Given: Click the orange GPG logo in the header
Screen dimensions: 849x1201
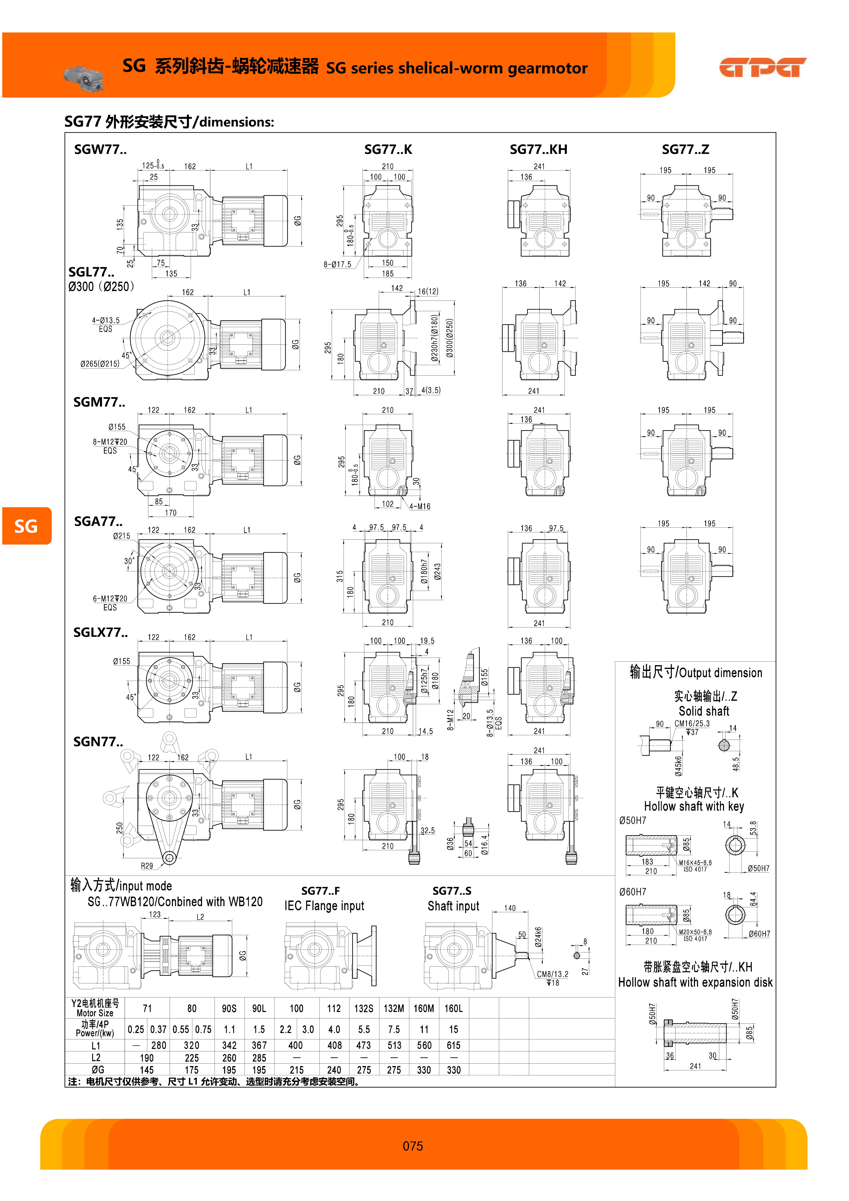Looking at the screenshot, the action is click(x=763, y=67).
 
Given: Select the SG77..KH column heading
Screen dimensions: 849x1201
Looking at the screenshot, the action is click(x=538, y=150).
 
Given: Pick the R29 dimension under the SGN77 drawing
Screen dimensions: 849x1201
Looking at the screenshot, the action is click(x=147, y=866).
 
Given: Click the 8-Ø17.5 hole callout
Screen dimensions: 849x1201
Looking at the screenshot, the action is click(x=337, y=264).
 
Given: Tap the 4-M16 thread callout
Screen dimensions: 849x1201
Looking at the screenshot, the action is click(x=420, y=506).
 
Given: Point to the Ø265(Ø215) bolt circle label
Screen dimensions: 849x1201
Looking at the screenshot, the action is click(x=100, y=364).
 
